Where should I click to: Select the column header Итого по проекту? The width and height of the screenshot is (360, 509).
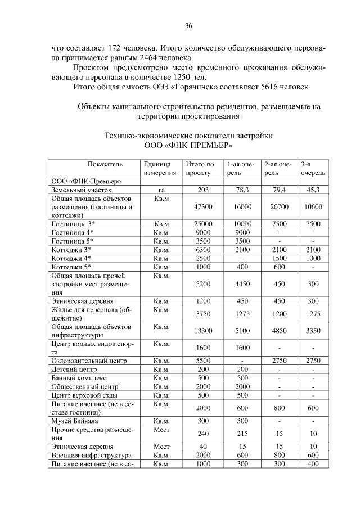coord(201,168)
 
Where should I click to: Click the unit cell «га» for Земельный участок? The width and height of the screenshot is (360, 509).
coord(161,190)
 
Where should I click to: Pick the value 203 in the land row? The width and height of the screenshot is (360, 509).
coord(202,190)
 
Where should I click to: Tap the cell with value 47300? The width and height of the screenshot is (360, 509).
coord(202,207)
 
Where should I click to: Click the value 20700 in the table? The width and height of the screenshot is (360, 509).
coord(279,207)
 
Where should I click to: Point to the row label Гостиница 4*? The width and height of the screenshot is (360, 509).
coord(73,232)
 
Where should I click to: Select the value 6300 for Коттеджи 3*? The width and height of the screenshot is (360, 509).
coord(202,249)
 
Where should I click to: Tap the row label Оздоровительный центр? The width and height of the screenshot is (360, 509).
coord(89,361)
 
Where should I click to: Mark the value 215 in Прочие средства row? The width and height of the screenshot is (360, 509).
coord(242,434)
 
